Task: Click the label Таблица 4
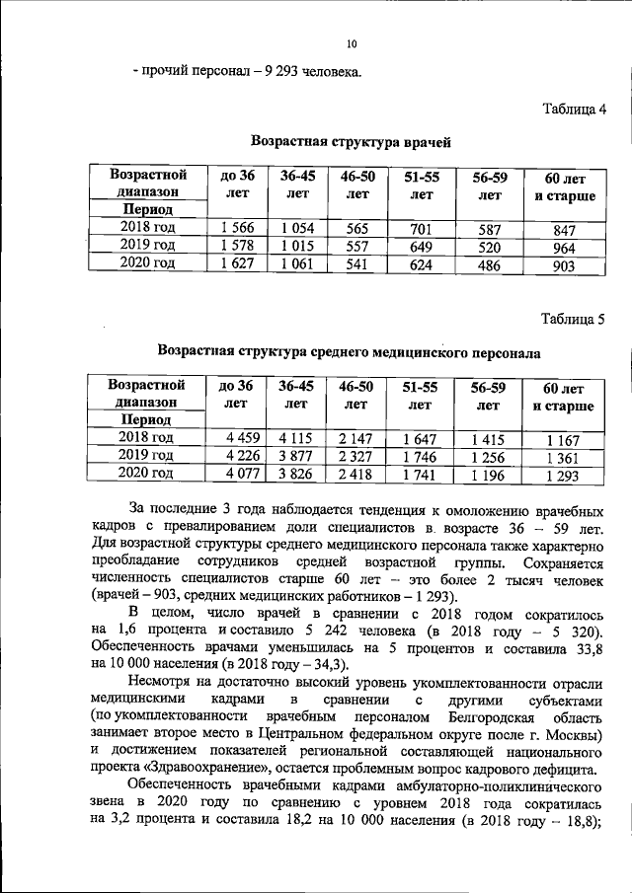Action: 574,108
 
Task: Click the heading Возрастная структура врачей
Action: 351,143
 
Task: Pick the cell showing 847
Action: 564,231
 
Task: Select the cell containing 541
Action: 356,263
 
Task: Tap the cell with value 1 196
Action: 487,474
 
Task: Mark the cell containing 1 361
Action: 564,458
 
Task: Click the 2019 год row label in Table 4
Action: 147,246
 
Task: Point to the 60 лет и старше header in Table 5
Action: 564,397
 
